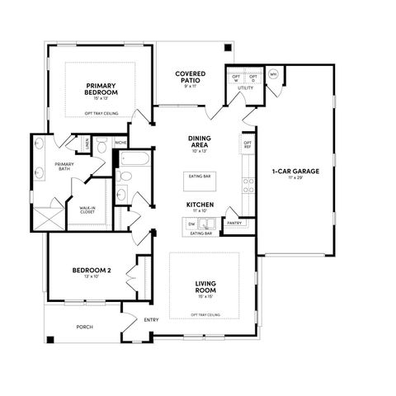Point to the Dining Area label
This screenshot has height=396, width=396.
[200, 142]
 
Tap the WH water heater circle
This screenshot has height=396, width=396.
[273, 73]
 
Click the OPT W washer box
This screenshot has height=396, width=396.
[236, 78]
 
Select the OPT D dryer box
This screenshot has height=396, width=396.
[253, 78]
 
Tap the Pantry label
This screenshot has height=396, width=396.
[233, 223]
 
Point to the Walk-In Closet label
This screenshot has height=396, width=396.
[87, 210]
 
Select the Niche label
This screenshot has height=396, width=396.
[121, 143]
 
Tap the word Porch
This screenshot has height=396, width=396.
[84, 327]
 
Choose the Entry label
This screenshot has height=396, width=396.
[152, 320]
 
